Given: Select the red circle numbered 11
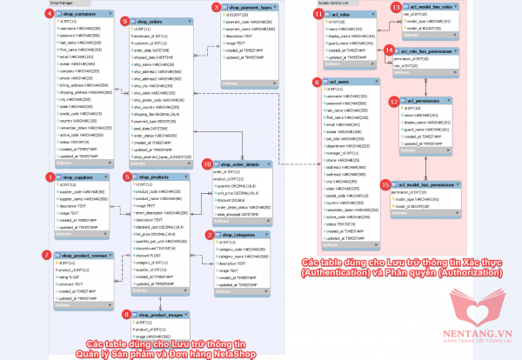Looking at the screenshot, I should pyautogui.click(x=318, y=14).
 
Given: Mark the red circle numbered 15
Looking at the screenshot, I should pyautogui.click(x=385, y=184).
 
